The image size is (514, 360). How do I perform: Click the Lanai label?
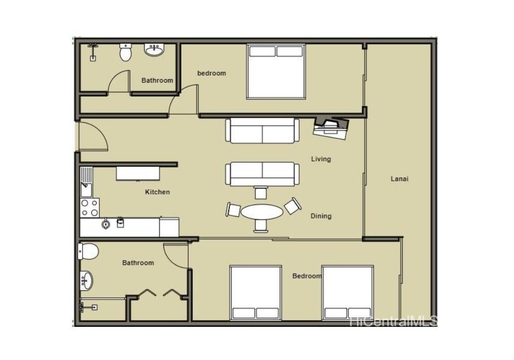(x=399, y=179)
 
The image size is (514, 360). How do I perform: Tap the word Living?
(x=321, y=159)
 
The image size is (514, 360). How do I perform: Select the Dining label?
(x=321, y=216)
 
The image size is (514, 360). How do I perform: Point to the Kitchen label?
(x=158, y=192)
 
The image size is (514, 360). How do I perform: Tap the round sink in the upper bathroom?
(x=154, y=50)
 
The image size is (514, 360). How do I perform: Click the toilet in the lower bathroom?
(x=88, y=251)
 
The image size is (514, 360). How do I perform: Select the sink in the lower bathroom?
(x=86, y=281)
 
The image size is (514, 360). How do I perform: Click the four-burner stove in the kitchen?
(x=89, y=208)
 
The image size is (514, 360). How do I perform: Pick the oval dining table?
(x=262, y=212)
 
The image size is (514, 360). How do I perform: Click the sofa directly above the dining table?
(x=262, y=174)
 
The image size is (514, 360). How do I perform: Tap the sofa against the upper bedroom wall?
(x=262, y=131)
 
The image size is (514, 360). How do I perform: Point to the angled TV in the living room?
(x=331, y=128)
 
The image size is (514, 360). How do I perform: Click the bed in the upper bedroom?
(x=276, y=72)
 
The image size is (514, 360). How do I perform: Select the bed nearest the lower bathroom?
(x=256, y=293)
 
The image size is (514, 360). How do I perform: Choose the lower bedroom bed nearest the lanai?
(x=348, y=293)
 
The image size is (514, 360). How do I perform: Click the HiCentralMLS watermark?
(x=394, y=321)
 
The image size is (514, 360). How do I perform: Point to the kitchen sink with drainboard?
(x=86, y=182)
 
